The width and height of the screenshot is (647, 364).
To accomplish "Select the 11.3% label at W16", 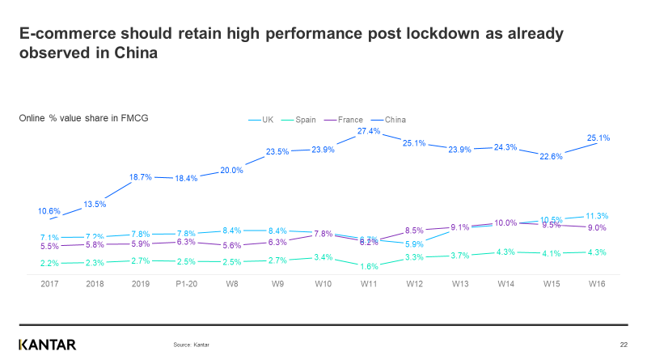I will tap(597, 216).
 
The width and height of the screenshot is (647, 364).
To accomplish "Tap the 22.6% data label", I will tap(552, 157).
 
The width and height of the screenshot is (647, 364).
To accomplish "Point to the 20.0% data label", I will tap(231, 170).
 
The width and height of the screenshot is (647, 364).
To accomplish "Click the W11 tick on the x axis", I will tap(369, 283).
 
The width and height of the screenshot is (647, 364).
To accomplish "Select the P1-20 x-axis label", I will tap(187, 283).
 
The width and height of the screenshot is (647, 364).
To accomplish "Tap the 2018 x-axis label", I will tap(95, 283).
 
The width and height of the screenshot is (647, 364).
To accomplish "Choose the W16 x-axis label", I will tap(597, 283).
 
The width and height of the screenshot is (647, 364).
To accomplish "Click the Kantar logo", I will tap(48, 345).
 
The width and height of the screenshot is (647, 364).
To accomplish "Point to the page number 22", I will tap(624, 345).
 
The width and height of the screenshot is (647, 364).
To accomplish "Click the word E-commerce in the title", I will tap(66, 34).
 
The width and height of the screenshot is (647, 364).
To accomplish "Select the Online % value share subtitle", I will tap(83, 118).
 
